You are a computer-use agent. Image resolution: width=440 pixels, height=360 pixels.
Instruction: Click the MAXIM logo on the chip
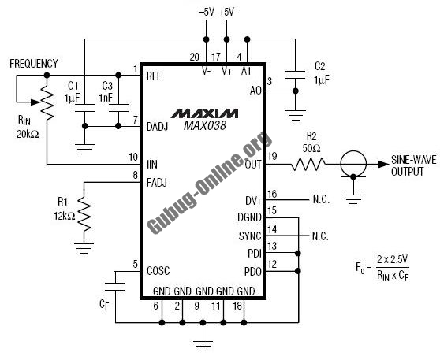204,113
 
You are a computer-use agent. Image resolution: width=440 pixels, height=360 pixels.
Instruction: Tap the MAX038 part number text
204,125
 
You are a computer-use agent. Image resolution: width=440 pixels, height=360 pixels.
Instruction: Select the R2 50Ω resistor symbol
308,165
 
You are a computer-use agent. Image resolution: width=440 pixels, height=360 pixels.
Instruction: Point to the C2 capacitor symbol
295,75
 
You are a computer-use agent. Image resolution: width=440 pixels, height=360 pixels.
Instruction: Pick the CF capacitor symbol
115,287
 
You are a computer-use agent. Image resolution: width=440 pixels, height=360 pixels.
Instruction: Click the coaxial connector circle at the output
353,164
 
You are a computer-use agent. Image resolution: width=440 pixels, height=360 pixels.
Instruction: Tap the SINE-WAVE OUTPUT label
414,165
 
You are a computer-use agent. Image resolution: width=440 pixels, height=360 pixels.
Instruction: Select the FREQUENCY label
34,64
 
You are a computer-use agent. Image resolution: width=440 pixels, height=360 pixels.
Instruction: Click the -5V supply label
207,12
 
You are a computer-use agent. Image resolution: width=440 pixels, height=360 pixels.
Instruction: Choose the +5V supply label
227,12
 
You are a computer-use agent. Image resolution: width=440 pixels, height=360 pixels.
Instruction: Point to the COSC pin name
158,271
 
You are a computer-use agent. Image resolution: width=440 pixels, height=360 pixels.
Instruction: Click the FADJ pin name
157,183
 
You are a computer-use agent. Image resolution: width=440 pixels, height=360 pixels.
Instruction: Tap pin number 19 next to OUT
273,156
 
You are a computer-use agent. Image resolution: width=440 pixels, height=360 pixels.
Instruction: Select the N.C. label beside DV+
321,199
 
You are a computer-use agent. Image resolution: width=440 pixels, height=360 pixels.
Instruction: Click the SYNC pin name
250,236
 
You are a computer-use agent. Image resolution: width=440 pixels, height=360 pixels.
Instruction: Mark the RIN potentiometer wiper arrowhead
35,102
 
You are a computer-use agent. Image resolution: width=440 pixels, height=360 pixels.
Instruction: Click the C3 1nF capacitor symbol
118,108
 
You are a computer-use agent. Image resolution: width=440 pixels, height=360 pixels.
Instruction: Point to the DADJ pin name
158,127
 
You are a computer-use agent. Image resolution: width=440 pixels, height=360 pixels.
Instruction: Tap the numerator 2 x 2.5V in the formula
393,260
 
